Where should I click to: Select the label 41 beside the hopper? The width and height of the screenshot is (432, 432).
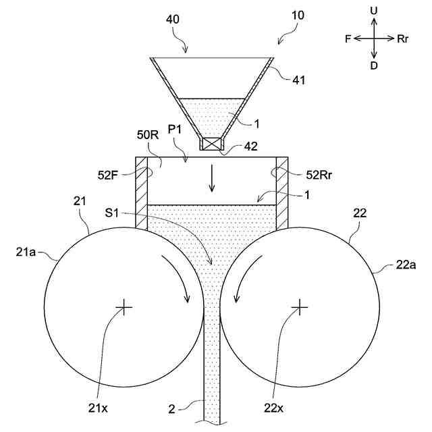point(299,80)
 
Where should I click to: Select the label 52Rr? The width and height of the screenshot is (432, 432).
point(317,175)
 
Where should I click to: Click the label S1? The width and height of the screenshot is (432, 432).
point(113,213)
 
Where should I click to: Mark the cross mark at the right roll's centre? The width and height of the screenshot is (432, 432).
point(299,307)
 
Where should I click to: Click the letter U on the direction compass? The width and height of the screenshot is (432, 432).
point(374,11)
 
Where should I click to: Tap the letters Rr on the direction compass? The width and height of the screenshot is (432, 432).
point(403,39)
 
